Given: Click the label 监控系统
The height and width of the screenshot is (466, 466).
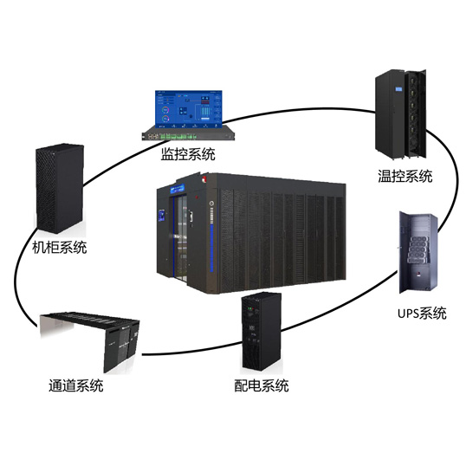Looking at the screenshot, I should point(187,154).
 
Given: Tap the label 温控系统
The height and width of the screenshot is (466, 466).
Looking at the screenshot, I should point(405,178).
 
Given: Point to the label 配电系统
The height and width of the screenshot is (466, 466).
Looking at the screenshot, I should point(262,385).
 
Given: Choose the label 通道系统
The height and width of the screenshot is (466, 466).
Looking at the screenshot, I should point(76,385).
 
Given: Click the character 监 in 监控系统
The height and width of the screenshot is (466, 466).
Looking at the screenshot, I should point(167,154).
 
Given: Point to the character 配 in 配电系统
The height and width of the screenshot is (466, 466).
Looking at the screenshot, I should point(242,385).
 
